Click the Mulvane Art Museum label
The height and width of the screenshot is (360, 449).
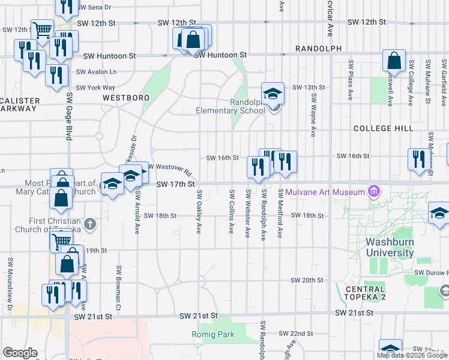coord(325,192)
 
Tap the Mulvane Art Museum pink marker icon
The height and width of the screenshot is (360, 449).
coord(375,192)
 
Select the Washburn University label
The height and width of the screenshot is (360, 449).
coord(390,248)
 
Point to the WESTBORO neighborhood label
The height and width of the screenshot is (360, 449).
coord(125,97)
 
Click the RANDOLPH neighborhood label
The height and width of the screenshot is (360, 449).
coord(318,49)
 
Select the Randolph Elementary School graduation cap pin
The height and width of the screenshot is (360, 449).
coord(273,94)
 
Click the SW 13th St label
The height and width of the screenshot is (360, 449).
coord(308,88)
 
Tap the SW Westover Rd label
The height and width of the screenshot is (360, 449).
coord(170,169)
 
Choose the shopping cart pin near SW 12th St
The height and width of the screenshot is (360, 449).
coord(42,29)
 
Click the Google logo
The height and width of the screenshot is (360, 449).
coord(20,353)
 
